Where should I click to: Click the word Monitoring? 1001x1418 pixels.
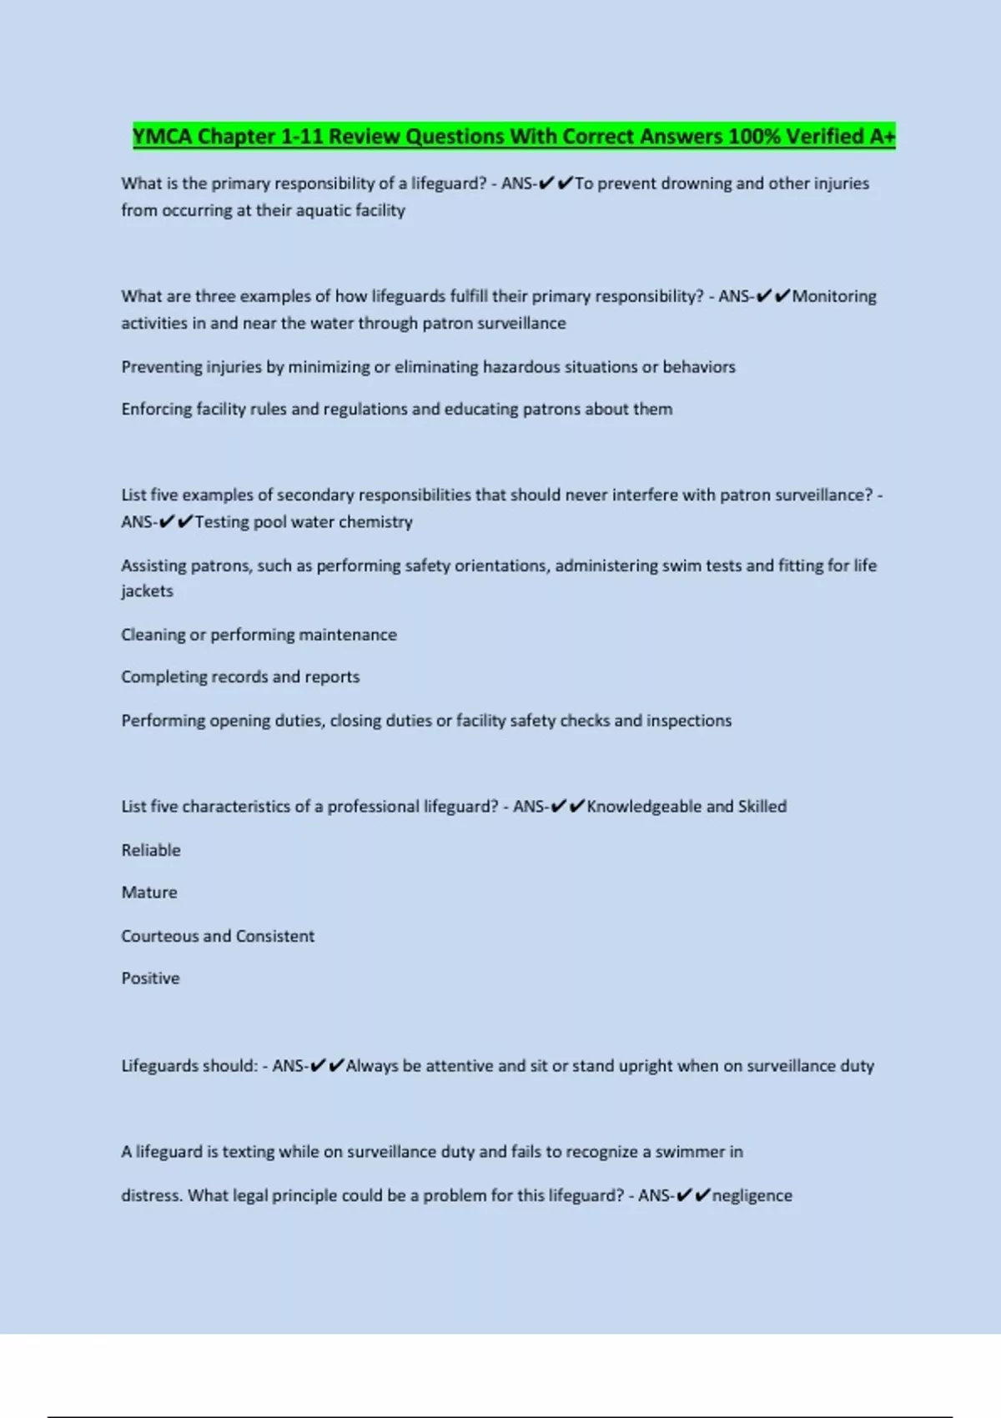(x=834, y=296)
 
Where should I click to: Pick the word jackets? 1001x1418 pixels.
(x=147, y=591)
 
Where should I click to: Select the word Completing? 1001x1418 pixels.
(x=162, y=676)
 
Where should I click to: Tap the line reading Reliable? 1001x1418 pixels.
(x=151, y=850)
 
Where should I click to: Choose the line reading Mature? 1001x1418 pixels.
(x=149, y=893)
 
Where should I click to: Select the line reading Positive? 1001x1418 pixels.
(x=150, y=978)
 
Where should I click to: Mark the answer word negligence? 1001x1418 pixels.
(x=752, y=1195)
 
